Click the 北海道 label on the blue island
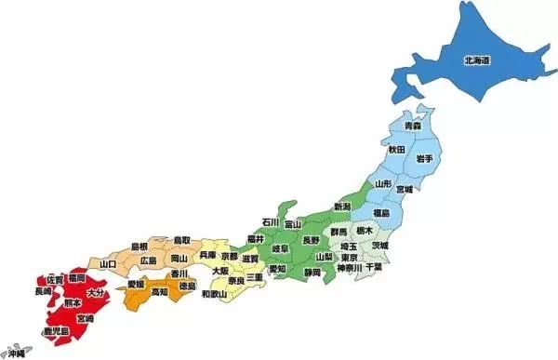pyautogui.click(x=477, y=60)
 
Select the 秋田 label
pyautogui.click(x=397, y=149)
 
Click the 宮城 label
pyautogui.click(x=405, y=190)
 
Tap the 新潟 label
pyautogui.click(x=342, y=207)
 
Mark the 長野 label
pyautogui.click(x=311, y=240)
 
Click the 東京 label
pyautogui.click(x=350, y=258)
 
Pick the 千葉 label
pyautogui.click(x=374, y=267)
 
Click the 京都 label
pyautogui.click(x=229, y=255)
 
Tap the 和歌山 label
pyautogui.click(x=215, y=294)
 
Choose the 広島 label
pyautogui.click(x=149, y=262)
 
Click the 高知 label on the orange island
pyautogui.click(x=160, y=292)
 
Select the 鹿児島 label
pyautogui.click(x=55, y=331)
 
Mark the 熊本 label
pyautogui.click(x=72, y=303)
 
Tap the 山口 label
pyautogui.click(x=106, y=265)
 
